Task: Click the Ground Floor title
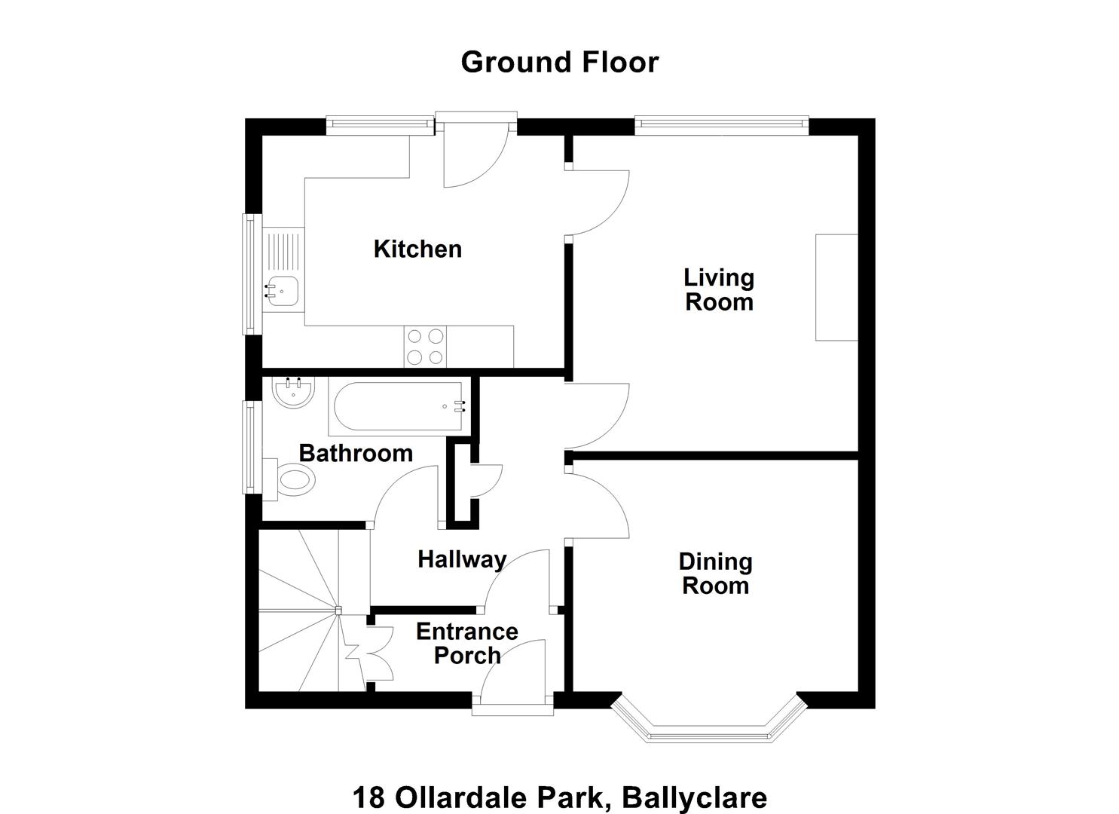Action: pos(559,63)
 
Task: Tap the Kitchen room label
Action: pos(417,249)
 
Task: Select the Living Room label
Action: pos(719,290)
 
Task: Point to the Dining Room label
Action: pos(715,574)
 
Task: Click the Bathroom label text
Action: pos(356,453)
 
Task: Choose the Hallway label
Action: pos(462,560)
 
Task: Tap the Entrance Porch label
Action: pos(467,644)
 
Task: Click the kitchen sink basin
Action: pos(281,291)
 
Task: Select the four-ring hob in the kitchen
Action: pos(425,346)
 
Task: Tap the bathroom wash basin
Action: pos(294,392)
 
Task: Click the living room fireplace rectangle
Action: pos(836,287)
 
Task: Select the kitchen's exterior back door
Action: pos(476,150)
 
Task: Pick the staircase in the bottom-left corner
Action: pos(313,610)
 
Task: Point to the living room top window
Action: pos(721,125)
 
